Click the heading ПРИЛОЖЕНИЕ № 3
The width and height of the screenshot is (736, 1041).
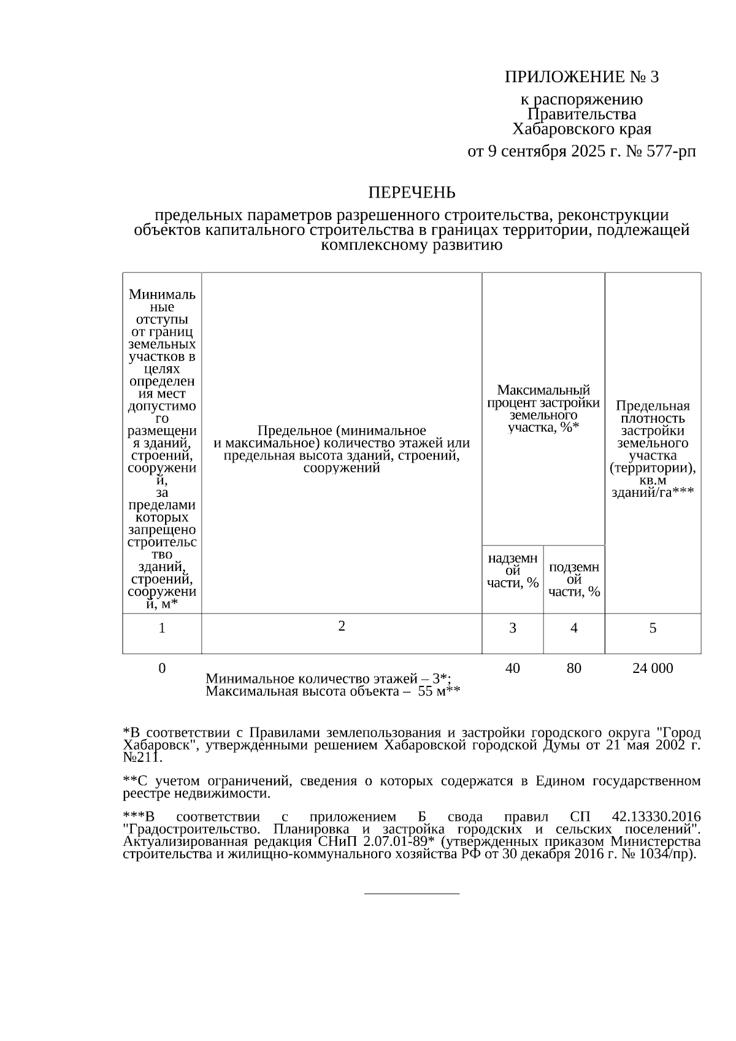pos(581,77)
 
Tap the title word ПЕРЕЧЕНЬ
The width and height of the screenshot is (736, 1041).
pos(412,193)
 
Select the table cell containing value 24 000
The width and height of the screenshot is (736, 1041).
pos(653,668)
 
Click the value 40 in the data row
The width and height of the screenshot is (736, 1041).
pos(513,668)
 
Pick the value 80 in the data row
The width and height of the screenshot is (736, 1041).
pos(573,668)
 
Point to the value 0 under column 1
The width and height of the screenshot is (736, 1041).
pos(162,668)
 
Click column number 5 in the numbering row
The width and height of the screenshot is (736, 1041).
pos(653,628)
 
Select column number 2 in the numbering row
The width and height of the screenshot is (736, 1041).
pos(342,626)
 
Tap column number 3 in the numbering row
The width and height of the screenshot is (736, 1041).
pos(513,628)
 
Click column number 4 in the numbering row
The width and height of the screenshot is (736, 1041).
pos(573,628)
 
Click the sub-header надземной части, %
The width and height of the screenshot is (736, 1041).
pos(513,570)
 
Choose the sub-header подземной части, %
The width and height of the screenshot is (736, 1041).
pos(573,579)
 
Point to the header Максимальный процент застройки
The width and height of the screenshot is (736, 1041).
pos(543,409)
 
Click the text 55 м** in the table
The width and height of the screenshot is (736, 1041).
pos(439,692)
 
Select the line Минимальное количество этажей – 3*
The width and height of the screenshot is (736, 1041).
pos(328,678)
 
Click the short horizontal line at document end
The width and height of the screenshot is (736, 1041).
pos(412,894)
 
